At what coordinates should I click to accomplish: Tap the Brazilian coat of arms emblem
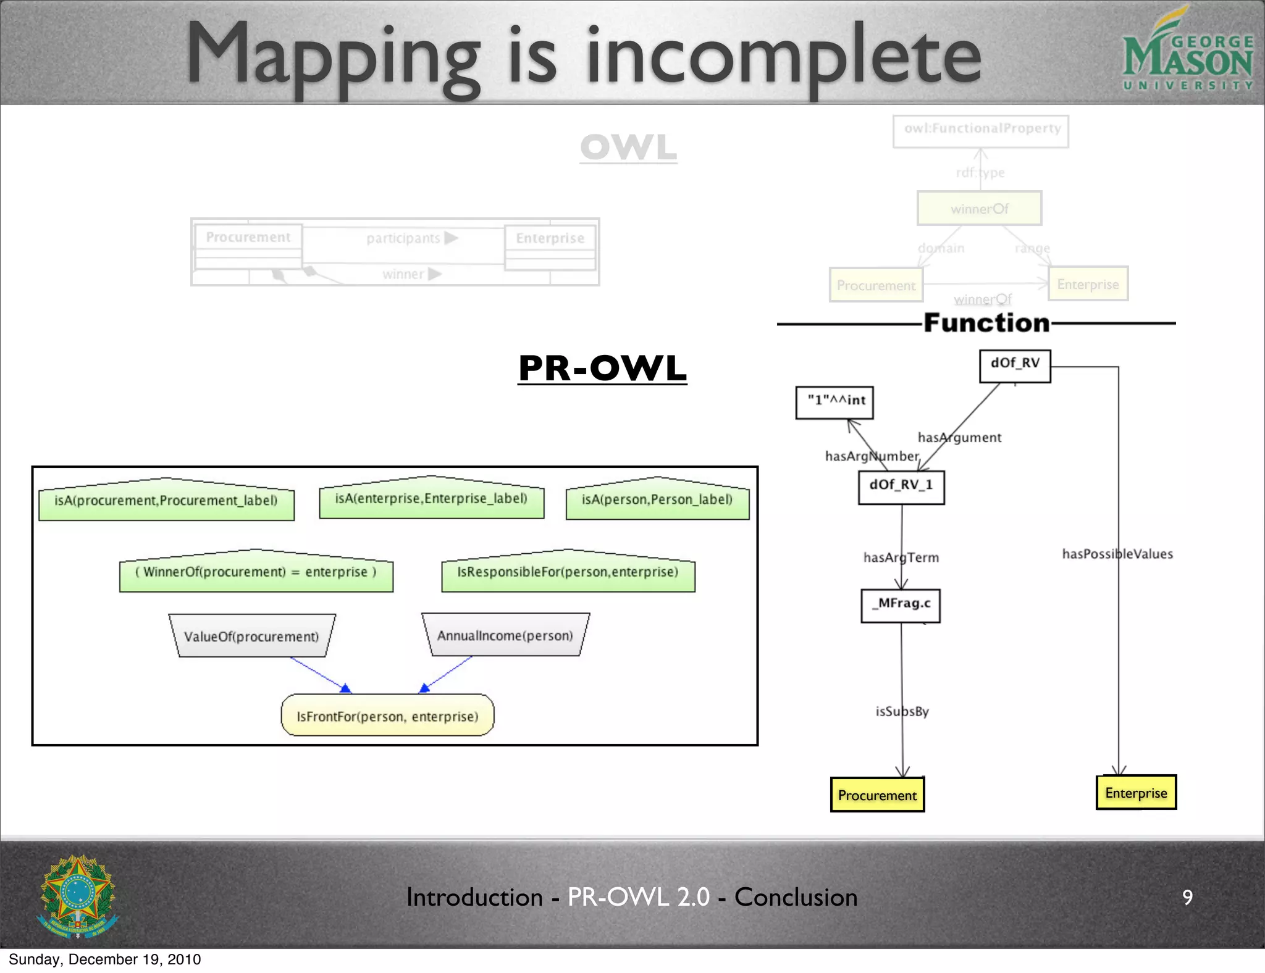[78, 896]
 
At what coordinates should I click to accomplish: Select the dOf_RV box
[1015, 365]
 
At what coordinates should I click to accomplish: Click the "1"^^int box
[834, 403]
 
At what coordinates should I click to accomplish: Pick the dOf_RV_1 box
[901, 487]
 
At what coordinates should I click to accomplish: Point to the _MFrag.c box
[901, 606]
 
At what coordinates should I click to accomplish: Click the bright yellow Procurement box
[877, 795]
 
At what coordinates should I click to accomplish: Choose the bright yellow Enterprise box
[1136, 792]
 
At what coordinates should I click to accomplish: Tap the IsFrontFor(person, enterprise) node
[387, 716]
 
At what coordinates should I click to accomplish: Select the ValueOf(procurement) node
[252, 636]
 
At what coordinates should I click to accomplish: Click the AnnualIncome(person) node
[505, 635]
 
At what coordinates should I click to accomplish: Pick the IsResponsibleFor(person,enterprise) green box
[568, 573]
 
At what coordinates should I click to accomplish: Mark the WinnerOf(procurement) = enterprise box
[256, 573]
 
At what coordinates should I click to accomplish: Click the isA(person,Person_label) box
[657, 500]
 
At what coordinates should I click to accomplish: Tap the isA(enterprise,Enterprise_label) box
[431, 499]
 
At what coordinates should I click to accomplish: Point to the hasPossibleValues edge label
[1117, 554]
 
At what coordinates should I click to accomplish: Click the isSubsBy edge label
[902, 711]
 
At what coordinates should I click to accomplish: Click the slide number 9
[1187, 897]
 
